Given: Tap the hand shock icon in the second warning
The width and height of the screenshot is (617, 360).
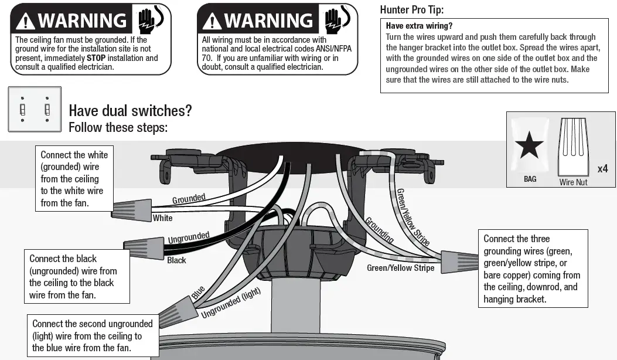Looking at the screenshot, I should (x=337, y=21).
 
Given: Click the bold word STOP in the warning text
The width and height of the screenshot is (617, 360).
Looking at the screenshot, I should (x=97, y=58).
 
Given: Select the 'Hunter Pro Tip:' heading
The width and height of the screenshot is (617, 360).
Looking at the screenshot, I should (x=412, y=9).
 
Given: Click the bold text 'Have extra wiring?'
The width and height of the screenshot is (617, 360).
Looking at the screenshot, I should (x=419, y=26).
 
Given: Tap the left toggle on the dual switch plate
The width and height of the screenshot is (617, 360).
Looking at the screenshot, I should (x=23, y=109).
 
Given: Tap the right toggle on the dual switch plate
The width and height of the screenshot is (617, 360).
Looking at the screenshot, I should (x=47, y=109).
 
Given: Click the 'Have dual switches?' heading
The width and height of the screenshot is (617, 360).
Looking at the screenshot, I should (x=130, y=110).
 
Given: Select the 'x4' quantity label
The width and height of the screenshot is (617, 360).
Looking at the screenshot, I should (x=602, y=169).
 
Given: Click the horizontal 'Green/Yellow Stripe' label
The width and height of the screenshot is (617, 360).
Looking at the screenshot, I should (x=400, y=268).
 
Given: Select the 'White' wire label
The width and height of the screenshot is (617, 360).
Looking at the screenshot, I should (x=162, y=218).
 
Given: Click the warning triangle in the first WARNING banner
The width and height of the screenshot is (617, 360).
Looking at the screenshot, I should (x=26, y=22).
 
